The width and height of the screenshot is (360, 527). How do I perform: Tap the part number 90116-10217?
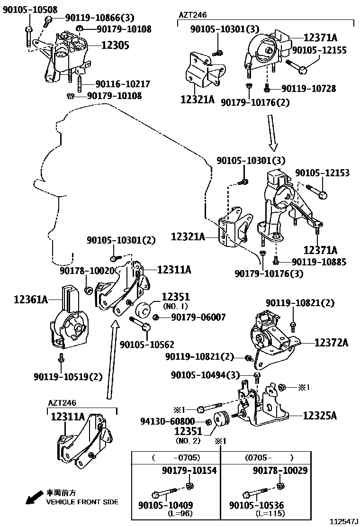coord(123,84)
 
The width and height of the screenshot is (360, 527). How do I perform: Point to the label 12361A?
coord(31,299)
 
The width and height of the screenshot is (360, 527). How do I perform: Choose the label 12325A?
coord(320,416)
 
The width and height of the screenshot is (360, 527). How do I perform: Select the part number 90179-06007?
coord(198,318)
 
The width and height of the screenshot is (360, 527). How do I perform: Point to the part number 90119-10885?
coord(319,262)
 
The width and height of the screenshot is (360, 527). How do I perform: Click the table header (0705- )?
coord(269,458)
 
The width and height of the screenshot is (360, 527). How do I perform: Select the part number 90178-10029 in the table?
coord(280,471)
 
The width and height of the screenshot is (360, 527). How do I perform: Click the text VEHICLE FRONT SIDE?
coord(82,502)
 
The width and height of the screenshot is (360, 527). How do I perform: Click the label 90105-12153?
coord(323,173)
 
